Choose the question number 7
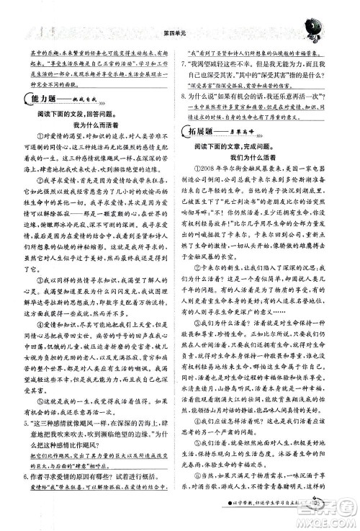point(189,63)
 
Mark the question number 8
point(189,93)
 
